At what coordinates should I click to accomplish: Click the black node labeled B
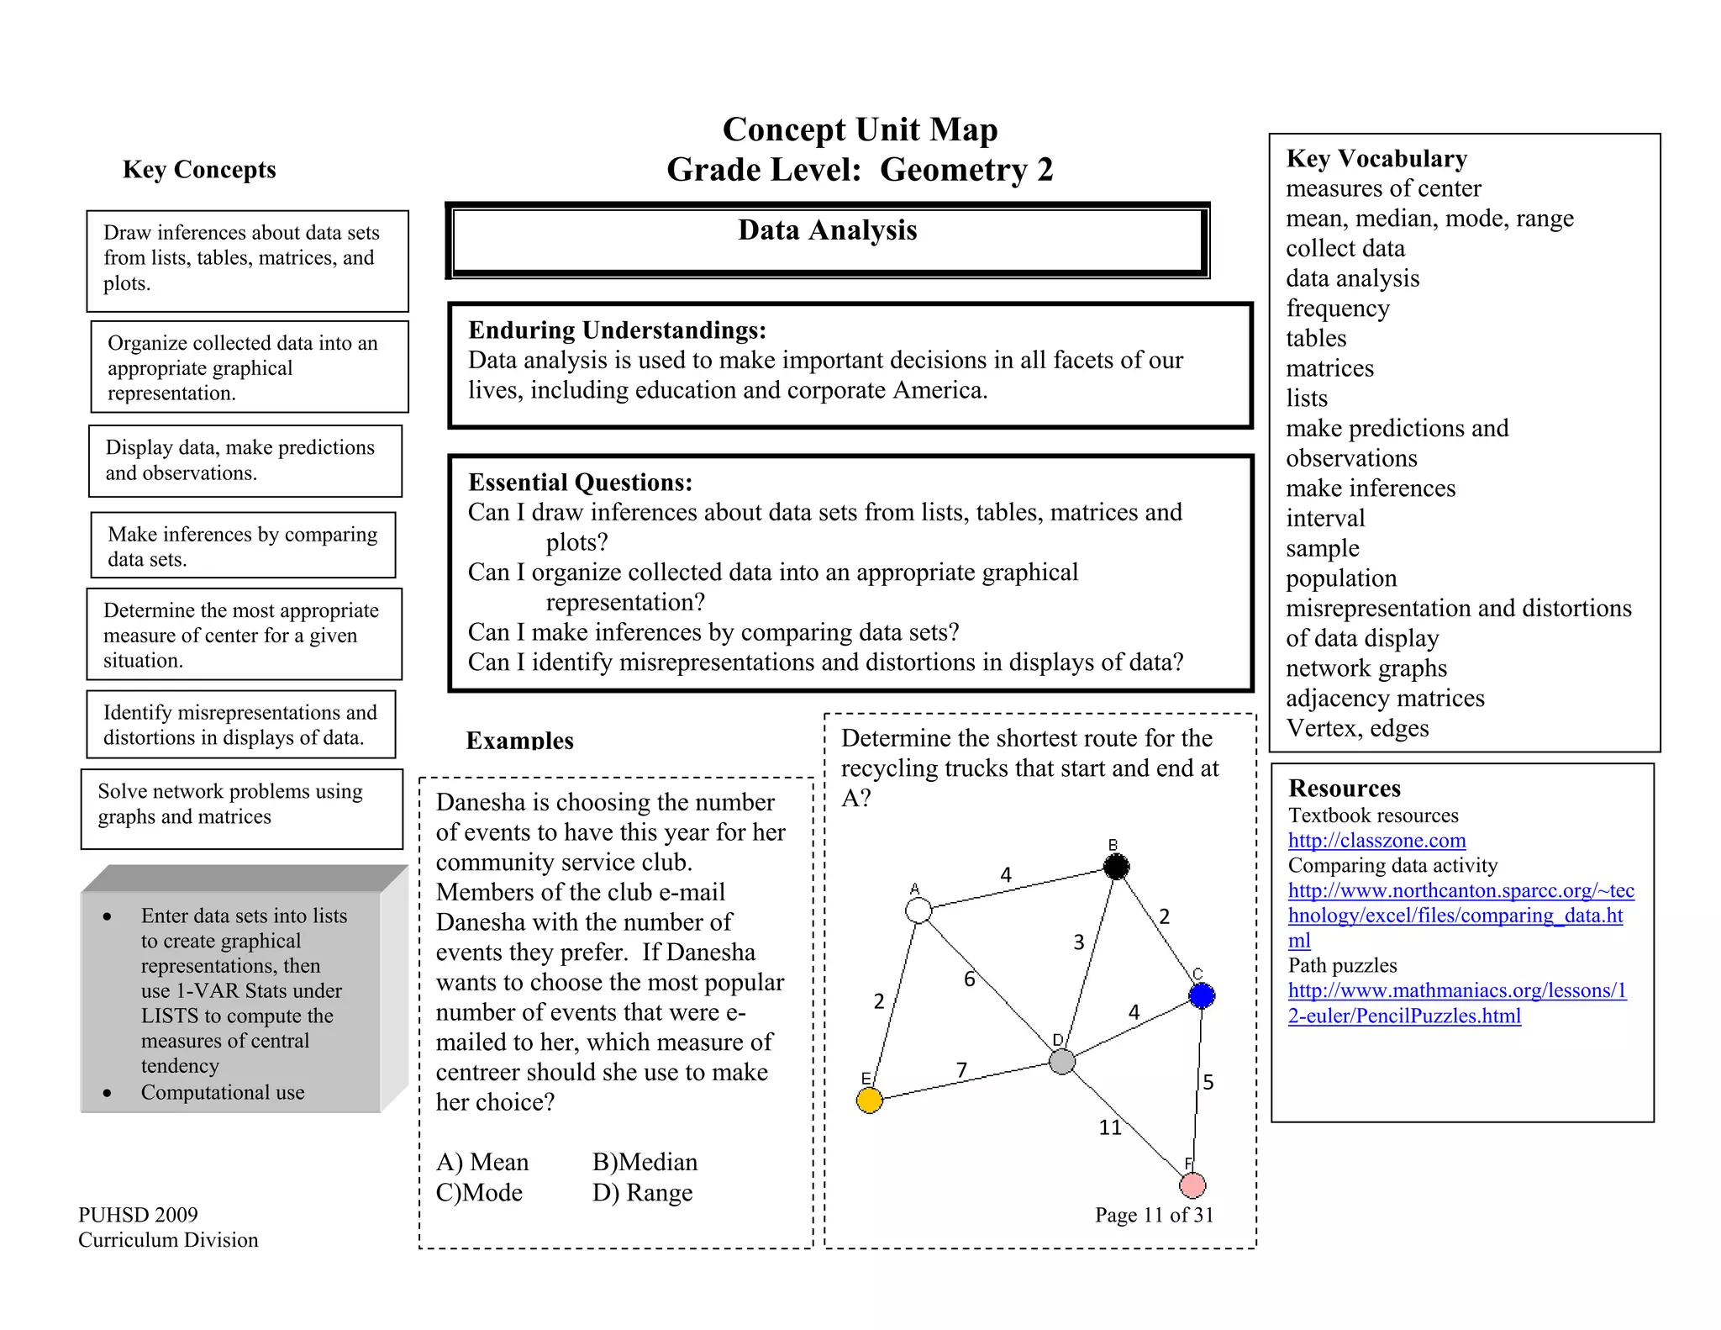[x=1116, y=866]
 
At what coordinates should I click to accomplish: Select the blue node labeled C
[x=1202, y=995]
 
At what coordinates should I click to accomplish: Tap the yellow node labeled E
[x=869, y=1100]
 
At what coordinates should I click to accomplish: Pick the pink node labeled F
[x=1192, y=1185]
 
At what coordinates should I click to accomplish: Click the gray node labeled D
[x=1062, y=1061]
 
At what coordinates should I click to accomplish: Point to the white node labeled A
[x=918, y=910]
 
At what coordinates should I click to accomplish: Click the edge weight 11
[x=1110, y=1127]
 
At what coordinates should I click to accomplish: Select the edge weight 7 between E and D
[x=961, y=1069]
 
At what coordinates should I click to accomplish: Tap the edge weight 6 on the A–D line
[x=969, y=979]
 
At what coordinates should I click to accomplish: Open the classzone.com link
[x=1376, y=840]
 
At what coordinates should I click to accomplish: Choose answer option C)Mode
[x=479, y=1192]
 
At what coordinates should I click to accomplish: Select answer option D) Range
[x=642, y=1192]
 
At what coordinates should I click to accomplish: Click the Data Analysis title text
[x=827, y=230]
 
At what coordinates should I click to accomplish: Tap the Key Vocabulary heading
[x=1376, y=158]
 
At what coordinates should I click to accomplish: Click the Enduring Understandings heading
[x=617, y=330]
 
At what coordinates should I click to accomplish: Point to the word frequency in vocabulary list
[x=1337, y=309]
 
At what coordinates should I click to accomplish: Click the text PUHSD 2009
[x=138, y=1214]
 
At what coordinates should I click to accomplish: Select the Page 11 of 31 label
[x=1154, y=1214]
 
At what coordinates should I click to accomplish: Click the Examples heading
[x=519, y=740]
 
